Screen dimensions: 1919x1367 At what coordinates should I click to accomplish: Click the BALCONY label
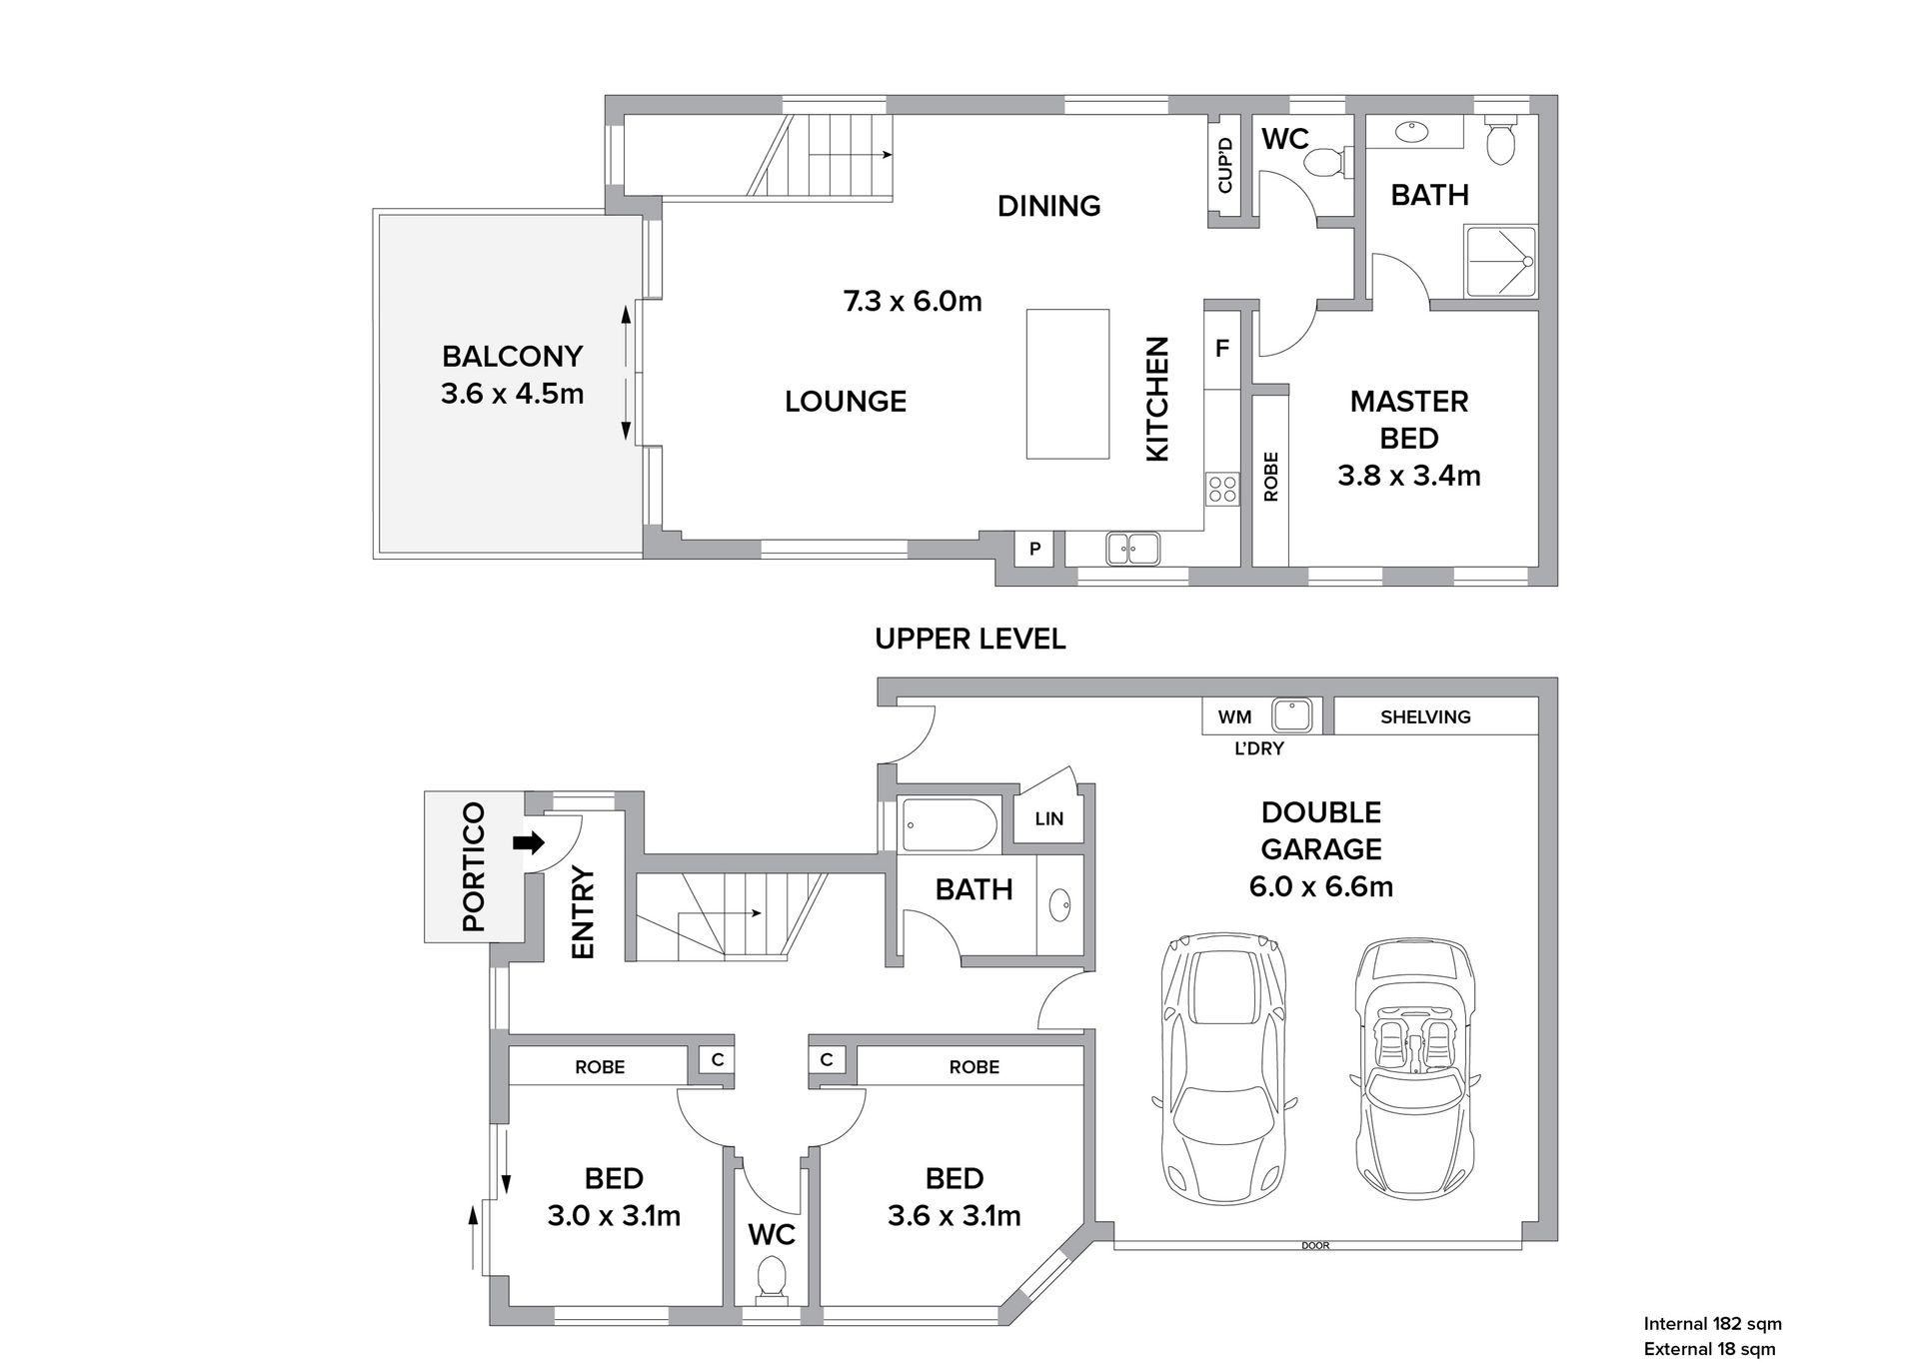pyautogui.click(x=512, y=357)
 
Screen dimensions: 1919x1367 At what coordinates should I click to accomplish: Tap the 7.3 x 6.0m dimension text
pyautogui.click(x=913, y=301)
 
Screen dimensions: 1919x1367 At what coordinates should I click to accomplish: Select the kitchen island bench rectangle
pyautogui.click(x=1067, y=384)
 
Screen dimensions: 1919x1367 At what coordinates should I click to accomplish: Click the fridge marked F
pyautogui.click(x=1221, y=349)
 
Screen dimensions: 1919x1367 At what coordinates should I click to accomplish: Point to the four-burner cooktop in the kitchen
pyautogui.click(x=1222, y=489)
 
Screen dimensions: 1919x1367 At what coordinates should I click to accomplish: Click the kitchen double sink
pyautogui.click(x=1132, y=549)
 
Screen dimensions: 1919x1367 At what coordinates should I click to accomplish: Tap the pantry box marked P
pyautogui.click(x=1034, y=549)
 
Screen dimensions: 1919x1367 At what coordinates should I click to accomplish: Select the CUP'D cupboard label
pyautogui.click(x=1224, y=166)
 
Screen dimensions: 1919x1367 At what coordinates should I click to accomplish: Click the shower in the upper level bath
pyautogui.click(x=1500, y=261)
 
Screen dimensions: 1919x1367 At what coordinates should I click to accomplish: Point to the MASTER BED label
pyautogui.click(x=1409, y=420)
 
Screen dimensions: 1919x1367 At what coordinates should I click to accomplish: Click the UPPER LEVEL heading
pyautogui.click(x=970, y=640)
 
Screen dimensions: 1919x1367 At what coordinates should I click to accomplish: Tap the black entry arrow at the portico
pyautogui.click(x=529, y=842)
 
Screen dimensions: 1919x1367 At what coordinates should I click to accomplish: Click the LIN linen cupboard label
pyautogui.click(x=1049, y=819)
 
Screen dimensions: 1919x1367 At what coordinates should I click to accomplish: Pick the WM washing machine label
pyautogui.click(x=1234, y=716)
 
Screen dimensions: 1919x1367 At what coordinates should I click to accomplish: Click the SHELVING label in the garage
pyautogui.click(x=1425, y=716)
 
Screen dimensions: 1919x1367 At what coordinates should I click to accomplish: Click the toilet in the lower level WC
pyautogui.click(x=771, y=1280)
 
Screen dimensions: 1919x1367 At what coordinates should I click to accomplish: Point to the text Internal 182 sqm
pyautogui.click(x=1713, y=1324)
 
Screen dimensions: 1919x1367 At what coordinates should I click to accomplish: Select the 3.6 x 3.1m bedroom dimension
pyautogui.click(x=955, y=1216)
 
